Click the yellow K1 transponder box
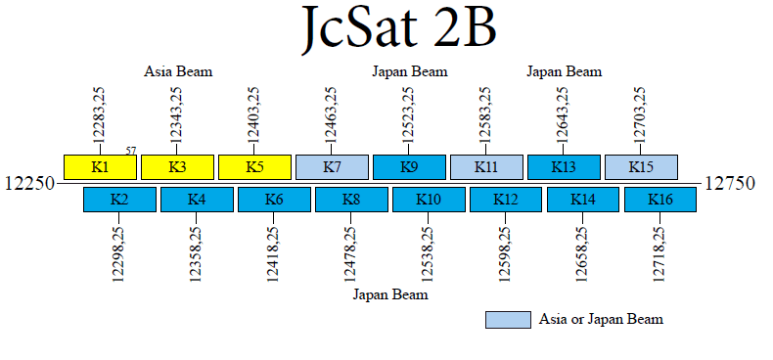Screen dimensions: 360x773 (x=100, y=166)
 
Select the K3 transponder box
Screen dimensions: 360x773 (x=177, y=166)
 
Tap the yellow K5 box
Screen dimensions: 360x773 (x=254, y=166)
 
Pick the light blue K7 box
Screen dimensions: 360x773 (x=332, y=166)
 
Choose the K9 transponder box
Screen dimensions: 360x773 (x=409, y=166)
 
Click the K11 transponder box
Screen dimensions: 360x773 (x=486, y=166)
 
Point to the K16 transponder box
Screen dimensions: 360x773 (x=660, y=200)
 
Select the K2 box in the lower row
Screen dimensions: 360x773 (x=119, y=200)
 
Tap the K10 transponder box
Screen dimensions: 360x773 (x=429, y=200)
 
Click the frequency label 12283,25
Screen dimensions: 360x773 (x=99, y=114)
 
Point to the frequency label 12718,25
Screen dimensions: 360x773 (x=660, y=253)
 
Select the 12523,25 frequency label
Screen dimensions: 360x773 (x=408, y=114)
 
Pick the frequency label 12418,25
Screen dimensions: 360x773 (x=274, y=253)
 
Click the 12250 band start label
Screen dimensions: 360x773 (x=29, y=184)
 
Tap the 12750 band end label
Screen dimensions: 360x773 (x=730, y=184)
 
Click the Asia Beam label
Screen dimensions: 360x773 (x=178, y=71)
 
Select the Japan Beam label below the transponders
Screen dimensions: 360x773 (x=389, y=293)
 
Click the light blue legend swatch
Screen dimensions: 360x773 (x=508, y=319)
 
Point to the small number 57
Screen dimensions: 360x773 (x=131, y=151)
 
